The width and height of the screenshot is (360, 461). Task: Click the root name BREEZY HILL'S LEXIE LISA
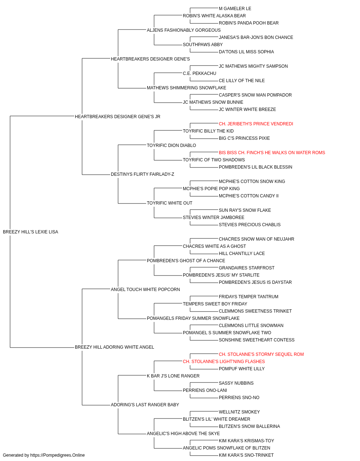coord(30,232)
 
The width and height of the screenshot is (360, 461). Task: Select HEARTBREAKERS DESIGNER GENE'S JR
coord(117,116)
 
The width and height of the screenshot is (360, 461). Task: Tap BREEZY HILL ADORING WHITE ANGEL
coord(114,347)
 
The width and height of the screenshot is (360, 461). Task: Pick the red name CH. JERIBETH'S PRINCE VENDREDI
coord(256,124)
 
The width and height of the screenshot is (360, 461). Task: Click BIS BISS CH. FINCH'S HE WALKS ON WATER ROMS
coord(272,153)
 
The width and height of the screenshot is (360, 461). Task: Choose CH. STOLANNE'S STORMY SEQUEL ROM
coord(261,354)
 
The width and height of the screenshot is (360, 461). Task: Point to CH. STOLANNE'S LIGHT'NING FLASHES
coord(224,362)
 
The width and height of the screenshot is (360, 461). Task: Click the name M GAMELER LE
coord(235,9)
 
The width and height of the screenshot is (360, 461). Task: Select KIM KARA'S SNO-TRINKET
coord(246,455)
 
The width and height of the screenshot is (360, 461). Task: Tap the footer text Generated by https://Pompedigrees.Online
coord(44,455)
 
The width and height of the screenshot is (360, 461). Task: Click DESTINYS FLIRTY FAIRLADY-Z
coord(143,174)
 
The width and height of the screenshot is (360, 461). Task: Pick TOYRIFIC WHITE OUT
coord(170,203)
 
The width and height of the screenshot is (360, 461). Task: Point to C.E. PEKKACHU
coord(199,73)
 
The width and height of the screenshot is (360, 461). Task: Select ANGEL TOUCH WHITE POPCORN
coord(145,289)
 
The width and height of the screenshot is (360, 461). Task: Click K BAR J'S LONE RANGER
coord(173,376)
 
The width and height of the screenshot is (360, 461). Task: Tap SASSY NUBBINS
coord(236,383)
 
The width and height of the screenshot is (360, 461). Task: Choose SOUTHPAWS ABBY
coord(203,45)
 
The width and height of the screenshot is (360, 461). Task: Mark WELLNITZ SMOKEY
coord(239,412)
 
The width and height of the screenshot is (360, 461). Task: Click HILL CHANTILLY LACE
coord(242,253)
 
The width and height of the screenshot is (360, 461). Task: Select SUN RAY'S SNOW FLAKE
coord(245,210)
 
